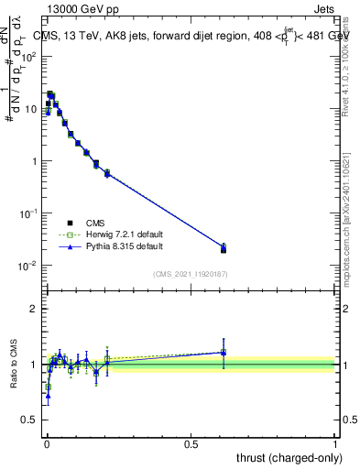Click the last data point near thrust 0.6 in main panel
224,248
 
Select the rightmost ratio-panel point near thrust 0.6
224,352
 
